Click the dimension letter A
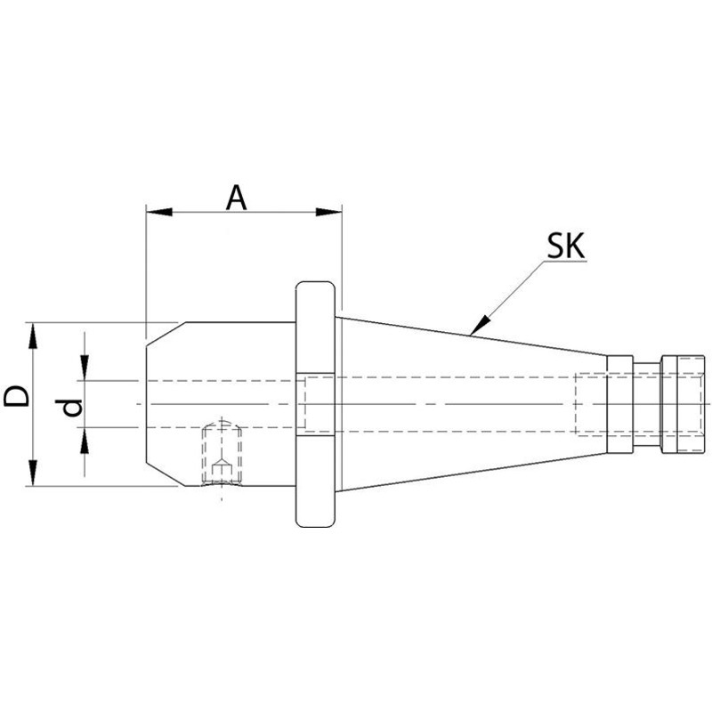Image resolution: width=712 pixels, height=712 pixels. point(236,198)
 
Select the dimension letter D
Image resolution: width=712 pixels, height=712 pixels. point(16,396)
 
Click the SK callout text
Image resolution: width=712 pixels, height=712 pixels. point(565,247)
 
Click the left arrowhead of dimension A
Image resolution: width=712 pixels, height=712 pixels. point(159,212)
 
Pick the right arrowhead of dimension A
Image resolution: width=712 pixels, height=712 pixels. point(328,212)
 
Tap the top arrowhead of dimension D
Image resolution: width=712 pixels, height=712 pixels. point(33,336)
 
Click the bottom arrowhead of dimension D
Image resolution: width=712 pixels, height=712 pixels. point(33,473)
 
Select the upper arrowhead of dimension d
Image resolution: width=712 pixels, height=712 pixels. point(85,368)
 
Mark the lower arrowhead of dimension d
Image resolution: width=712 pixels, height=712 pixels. point(85,441)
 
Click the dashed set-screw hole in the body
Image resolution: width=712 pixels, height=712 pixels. point(222,454)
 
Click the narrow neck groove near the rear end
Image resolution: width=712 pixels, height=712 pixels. point(647,404)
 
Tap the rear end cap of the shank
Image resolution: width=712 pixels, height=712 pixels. point(683,404)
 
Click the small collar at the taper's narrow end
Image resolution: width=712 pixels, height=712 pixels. point(619,404)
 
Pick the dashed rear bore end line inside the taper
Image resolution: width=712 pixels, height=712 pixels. point(576,404)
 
